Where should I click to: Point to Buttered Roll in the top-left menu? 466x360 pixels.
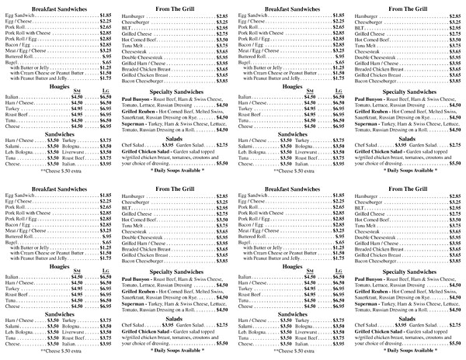pyautogui.click(x=21, y=57)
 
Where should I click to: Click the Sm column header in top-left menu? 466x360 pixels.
pyautogui.click(x=75, y=93)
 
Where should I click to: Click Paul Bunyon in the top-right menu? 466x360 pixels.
pyautogui.click(x=371, y=99)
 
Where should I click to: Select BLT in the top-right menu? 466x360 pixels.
pyautogui.click(x=360, y=29)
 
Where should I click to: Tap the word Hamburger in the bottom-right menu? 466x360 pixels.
pyautogui.click(x=369, y=196)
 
